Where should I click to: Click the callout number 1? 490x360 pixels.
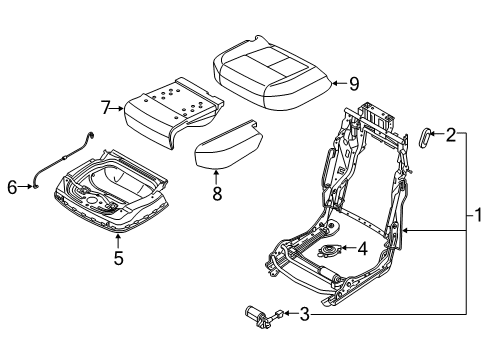pyautogui.click(x=478, y=215)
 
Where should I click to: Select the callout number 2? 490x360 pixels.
pyautogui.click(x=451, y=135)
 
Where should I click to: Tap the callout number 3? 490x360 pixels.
pyautogui.click(x=304, y=314)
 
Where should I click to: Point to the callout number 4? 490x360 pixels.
pyautogui.click(x=362, y=249)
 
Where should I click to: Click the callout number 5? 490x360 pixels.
pyautogui.click(x=118, y=258)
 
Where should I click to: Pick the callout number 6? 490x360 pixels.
pyautogui.click(x=12, y=187)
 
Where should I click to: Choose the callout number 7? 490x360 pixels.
pyautogui.click(x=106, y=108)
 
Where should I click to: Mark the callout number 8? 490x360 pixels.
pyautogui.click(x=217, y=193)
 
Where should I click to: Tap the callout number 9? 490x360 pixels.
pyautogui.click(x=354, y=84)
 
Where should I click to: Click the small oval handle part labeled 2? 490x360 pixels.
pyautogui.click(x=425, y=138)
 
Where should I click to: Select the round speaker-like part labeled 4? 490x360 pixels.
pyautogui.click(x=330, y=250)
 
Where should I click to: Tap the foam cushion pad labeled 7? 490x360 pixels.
pyautogui.click(x=173, y=112)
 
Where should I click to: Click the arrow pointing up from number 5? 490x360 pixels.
pyautogui.click(x=118, y=241)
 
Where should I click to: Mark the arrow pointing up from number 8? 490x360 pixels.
pyautogui.click(x=216, y=177)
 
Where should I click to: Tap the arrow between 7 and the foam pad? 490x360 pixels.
pyautogui.click(x=117, y=108)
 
